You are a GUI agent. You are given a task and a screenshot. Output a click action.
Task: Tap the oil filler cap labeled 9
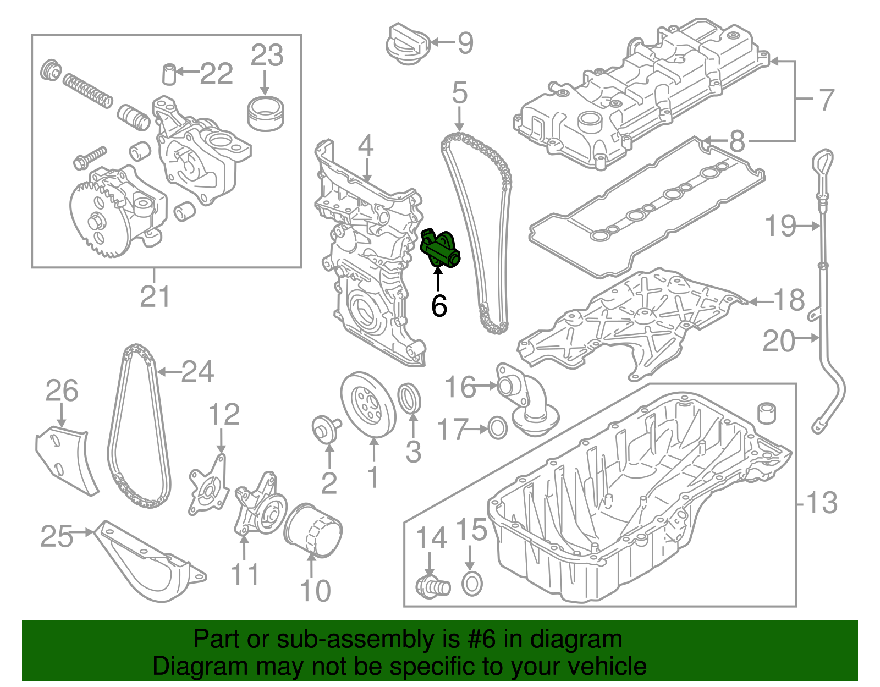point(408,45)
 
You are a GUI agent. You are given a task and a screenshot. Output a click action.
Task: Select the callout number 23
point(267,55)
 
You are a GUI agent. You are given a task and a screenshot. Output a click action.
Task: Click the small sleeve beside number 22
point(169,74)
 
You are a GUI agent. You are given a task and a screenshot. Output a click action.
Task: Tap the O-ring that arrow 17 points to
point(497,429)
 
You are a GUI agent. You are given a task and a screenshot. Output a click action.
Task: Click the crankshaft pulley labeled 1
point(368,405)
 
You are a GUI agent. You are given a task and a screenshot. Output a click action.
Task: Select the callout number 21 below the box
point(155,296)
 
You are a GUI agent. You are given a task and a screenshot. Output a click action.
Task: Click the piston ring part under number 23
point(265,114)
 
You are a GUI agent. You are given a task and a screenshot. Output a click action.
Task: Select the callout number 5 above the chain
point(460,93)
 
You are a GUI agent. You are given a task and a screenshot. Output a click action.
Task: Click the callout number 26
point(62,391)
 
